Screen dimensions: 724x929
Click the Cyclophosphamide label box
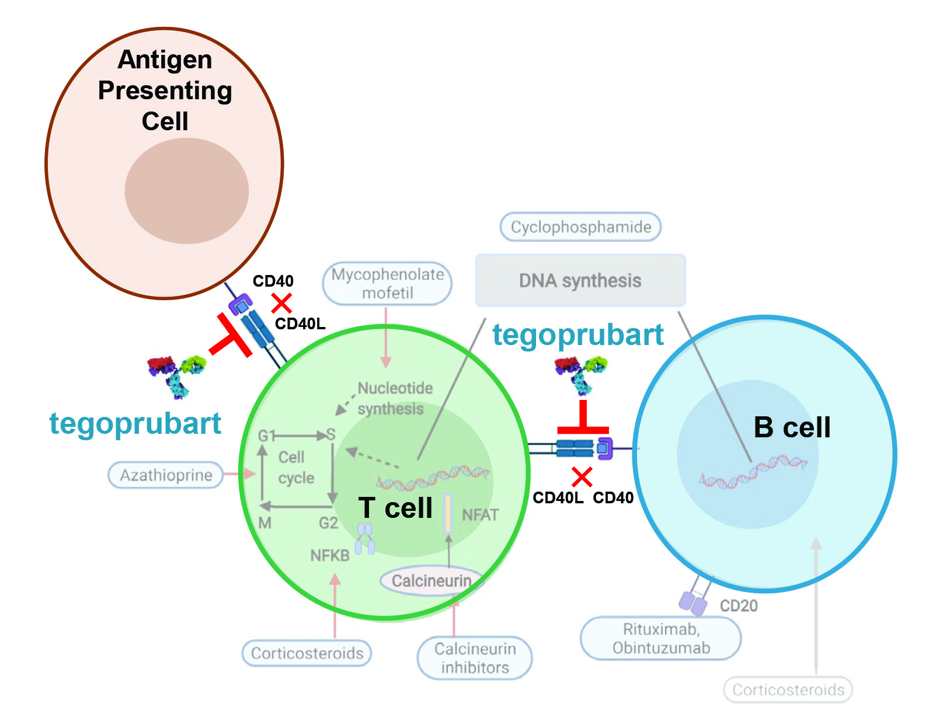580,227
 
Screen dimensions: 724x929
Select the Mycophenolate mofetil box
387,284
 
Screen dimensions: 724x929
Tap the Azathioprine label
166,475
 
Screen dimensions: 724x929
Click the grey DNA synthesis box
580,281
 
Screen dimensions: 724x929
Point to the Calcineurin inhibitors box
475,658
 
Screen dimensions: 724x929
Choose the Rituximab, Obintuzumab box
661,638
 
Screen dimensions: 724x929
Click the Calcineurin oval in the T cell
431,581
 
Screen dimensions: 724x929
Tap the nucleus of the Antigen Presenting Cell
187,191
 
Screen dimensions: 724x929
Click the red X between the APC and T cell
281,303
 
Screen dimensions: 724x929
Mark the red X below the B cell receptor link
582,477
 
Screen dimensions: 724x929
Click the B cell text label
792,427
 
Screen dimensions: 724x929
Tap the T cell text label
395,508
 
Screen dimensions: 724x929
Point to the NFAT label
480,515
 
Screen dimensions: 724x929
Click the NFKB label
330,555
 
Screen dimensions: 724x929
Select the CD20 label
739,605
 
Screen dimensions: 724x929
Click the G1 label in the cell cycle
266,436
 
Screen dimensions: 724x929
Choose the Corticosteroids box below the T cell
307,653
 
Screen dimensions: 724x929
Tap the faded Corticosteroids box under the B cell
788,690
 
